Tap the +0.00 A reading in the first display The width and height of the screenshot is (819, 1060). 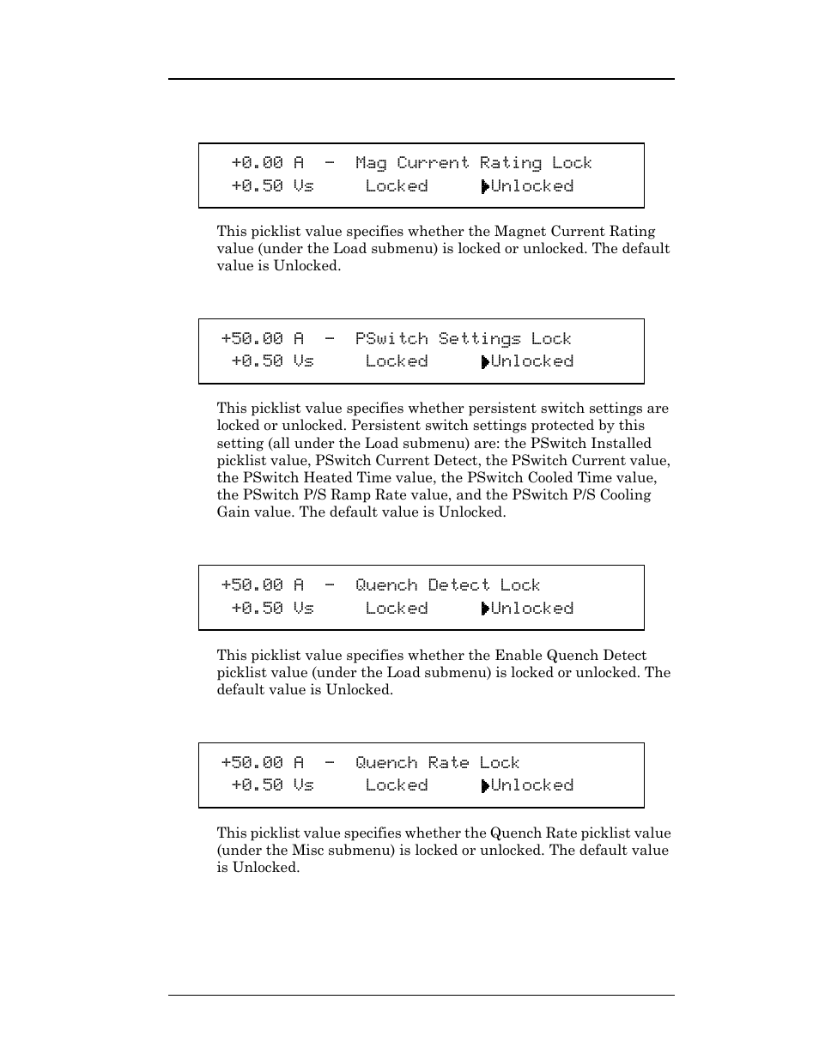[x=267, y=163]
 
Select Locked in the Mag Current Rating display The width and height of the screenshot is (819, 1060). [x=396, y=186]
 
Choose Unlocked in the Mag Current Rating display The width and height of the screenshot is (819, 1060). [x=531, y=186]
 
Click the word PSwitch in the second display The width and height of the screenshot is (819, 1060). [x=391, y=339]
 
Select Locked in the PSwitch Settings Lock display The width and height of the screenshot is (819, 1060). [x=396, y=361]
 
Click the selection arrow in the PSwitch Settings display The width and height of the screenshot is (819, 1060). [x=485, y=362]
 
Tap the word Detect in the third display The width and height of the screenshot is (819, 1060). [x=458, y=585]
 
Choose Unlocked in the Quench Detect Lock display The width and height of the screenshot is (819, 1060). [x=531, y=609]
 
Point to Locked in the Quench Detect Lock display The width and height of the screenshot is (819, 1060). [x=396, y=609]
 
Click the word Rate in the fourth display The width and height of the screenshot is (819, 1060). [x=448, y=763]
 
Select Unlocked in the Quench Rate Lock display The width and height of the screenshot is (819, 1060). [x=531, y=785]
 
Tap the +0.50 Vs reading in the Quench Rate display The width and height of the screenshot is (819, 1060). [x=272, y=785]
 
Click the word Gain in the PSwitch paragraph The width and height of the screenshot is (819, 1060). [x=234, y=512]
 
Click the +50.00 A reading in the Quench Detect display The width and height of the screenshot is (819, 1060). [x=262, y=585]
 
